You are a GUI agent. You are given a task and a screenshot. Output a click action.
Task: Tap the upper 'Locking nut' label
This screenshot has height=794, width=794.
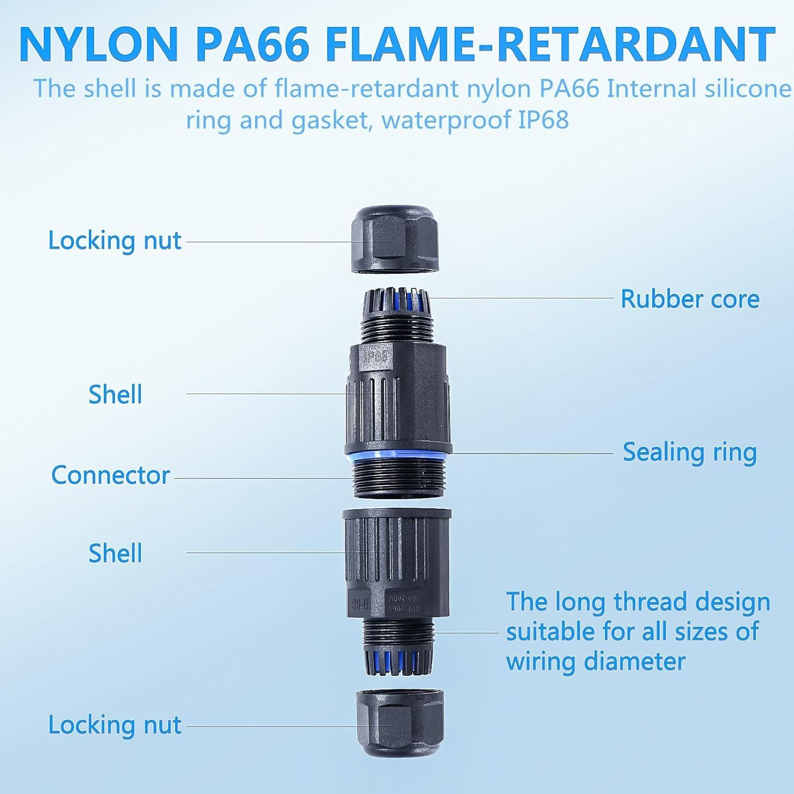[115, 240]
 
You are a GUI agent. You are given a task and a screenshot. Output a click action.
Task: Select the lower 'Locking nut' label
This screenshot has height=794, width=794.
[115, 725]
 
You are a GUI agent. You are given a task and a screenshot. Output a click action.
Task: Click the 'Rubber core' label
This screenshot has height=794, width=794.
[690, 299]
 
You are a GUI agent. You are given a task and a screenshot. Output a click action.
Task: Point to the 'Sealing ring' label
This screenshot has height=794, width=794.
[690, 453]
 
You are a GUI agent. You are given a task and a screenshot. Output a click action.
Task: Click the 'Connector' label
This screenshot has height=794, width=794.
[110, 475]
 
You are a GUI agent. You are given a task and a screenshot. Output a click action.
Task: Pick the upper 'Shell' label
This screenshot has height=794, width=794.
[115, 395]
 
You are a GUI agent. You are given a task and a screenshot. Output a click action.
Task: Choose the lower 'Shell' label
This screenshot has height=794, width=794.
[115, 554]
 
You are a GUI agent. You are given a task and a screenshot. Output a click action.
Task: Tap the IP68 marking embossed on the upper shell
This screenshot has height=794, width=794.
[375, 356]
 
